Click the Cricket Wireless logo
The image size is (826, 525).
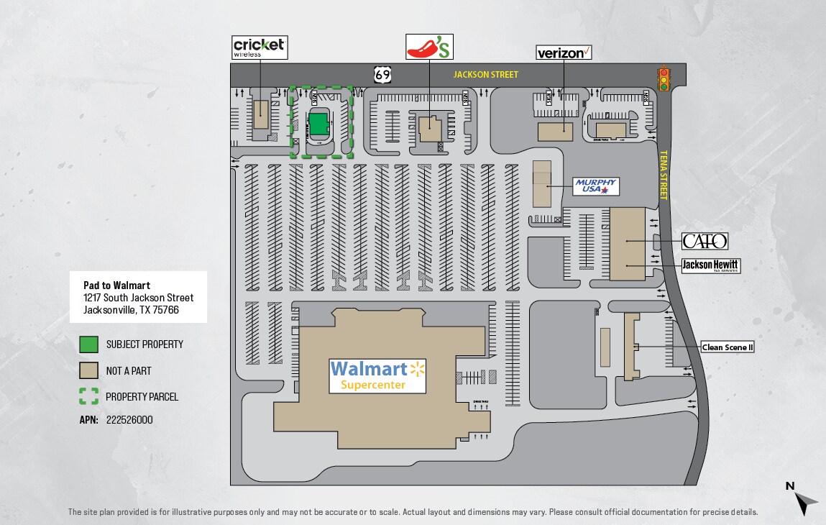tap(260, 47)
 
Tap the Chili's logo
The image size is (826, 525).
tap(430, 47)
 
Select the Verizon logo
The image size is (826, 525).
tap(564, 52)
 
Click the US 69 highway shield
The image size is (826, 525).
tap(382, 74)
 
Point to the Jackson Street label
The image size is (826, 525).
tap(485, 75)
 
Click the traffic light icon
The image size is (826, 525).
tap(664, 78)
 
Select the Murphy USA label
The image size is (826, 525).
tap(596, 186)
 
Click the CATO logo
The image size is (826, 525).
tap(705, 241)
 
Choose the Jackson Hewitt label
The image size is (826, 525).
tap(710, 265)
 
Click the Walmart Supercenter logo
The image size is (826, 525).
tap(378, 375)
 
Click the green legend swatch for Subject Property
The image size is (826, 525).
tap(88, 344)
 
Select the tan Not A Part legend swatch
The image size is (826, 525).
tap(88, 370)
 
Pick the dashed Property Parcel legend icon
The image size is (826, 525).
tap(88, 396)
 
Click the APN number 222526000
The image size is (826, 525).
tap(129, 420)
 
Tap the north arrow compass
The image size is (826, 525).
tap(804, 497)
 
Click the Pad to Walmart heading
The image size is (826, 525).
tap(117, 286)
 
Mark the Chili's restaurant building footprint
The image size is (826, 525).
tap(431, 129)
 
